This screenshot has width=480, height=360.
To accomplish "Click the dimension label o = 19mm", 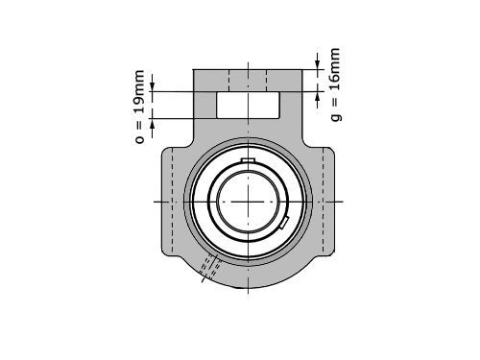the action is click(x=140, y=107).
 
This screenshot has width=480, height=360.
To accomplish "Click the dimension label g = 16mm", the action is click(x=335, y=84).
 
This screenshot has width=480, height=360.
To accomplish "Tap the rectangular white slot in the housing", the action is click(x=248, y=105).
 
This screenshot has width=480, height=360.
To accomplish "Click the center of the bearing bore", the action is click(x=248, y=202).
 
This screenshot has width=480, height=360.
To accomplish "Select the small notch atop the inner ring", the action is click(x=248, y=160).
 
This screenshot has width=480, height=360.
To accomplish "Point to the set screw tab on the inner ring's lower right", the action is click(x=284, y=222).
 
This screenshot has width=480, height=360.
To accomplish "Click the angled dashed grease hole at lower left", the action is click(x=210, y=267).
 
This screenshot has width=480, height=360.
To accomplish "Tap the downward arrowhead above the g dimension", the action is click(x=318, y=64).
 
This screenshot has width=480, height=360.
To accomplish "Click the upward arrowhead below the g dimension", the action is click(x=318, y=96).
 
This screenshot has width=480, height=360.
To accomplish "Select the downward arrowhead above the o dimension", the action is click(x=153, y=86).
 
